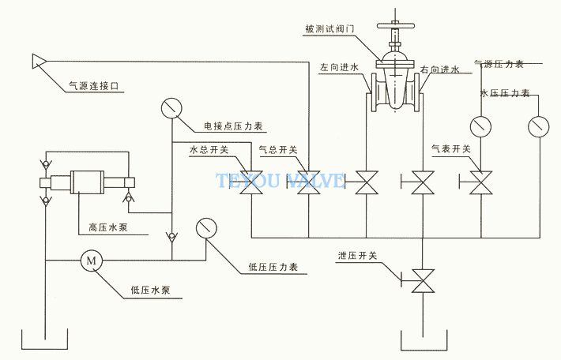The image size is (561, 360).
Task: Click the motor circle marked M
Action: click(91, 261)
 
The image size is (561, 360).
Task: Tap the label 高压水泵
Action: click(108, 227)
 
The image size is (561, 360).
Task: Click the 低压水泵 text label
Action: click(150, 290)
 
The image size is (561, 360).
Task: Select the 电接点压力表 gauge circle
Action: click(171, 108)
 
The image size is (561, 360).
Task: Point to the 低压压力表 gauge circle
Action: click(206, 228)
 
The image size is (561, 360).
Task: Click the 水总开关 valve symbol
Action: click(251, 182)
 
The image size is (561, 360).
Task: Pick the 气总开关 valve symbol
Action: click(308, 182)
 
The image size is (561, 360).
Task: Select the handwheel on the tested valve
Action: click(396, 26)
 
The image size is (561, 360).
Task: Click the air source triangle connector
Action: click(38, 61)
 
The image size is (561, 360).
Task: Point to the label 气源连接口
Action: click(94, 86)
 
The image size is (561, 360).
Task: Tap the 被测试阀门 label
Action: click(329, 28)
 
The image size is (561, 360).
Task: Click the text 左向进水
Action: click(339, 68)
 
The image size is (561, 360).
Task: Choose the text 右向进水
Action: click(440, 69)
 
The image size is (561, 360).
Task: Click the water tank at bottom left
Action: click(45, 349)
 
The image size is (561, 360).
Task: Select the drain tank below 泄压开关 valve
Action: click(424, 350)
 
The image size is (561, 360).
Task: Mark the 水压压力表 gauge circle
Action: click(539, 127)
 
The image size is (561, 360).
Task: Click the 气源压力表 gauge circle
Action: click(480, 126)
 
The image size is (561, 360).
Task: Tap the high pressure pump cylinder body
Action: click(87, 182)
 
